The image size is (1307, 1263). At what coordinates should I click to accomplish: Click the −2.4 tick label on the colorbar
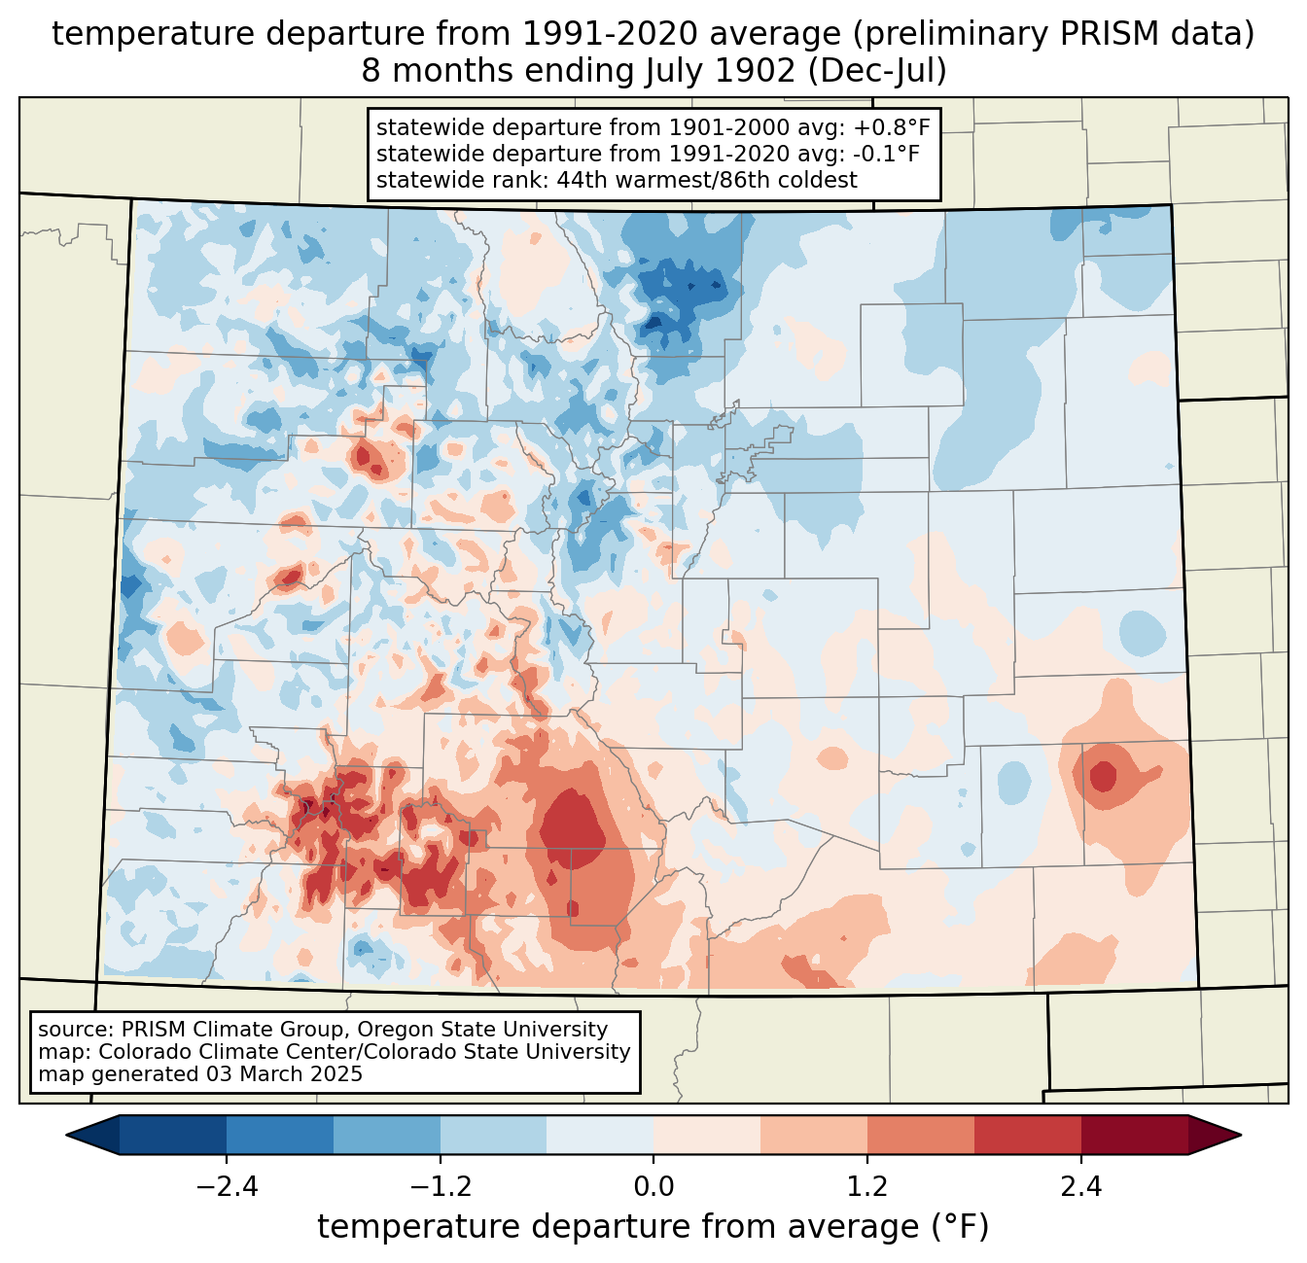coord(227,1187)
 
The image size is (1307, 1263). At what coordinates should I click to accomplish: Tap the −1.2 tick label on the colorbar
coord(440,1187)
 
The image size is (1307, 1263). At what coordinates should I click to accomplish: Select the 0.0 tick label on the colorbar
coord(653,1187)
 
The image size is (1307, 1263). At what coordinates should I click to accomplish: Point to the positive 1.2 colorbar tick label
coord(867,1187)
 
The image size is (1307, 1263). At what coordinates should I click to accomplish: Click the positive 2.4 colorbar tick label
coord(1080,1187)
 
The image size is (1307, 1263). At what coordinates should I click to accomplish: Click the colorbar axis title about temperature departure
coord(653,1227)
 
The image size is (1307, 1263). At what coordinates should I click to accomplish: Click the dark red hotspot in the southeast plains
coord(1103,777)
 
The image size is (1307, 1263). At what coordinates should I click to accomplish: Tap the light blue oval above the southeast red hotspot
coord(1142,632)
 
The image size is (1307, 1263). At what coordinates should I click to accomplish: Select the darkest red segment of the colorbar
coord(1134,1135)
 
